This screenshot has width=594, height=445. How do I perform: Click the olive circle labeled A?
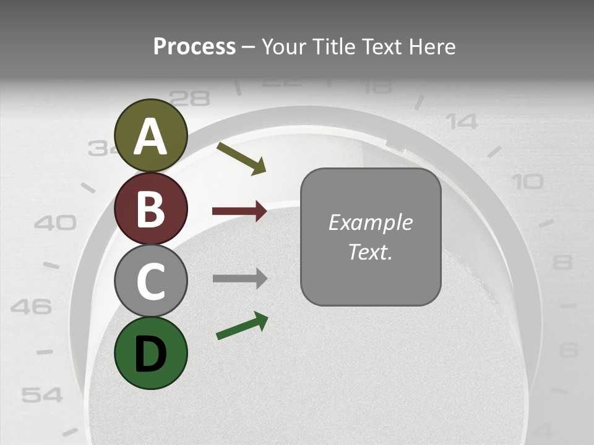(x=151, y=135)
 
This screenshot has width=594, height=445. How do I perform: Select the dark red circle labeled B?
(x=151, y=208)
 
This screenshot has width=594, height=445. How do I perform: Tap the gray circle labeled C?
(x=151, y=281)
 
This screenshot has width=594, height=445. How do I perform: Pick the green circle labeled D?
(x=151, y=353)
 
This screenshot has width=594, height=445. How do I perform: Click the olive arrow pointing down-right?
(x=241, y=158)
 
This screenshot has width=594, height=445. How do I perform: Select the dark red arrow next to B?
(x=239, y=211)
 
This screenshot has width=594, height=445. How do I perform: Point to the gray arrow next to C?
(x=239, y=278)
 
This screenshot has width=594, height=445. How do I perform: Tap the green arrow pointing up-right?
(x=242, y=326)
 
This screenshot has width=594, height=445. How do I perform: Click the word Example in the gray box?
(x=370, y=222)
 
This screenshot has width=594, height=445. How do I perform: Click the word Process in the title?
(x=194, y=46)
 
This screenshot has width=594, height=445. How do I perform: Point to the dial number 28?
(x=189, y=98)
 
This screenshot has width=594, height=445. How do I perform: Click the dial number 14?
(x=463, y=122)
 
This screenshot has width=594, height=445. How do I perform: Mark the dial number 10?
(x=528, y=182)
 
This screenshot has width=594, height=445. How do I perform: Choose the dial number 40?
(x=55, y=222)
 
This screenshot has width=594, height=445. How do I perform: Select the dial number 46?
(x=31, y=306)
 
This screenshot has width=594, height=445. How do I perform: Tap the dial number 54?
(x=42, y=394)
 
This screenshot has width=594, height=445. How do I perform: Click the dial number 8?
(x=562, y=263)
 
